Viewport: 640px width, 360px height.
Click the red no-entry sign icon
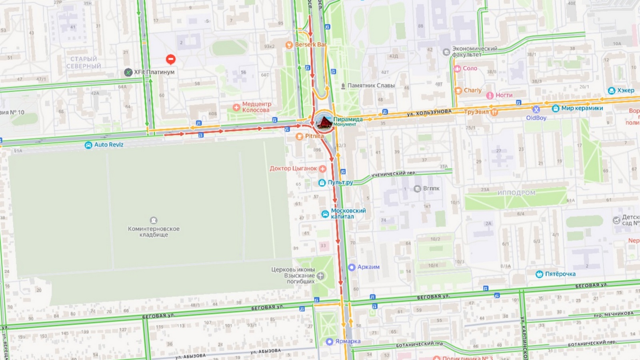[171, 60]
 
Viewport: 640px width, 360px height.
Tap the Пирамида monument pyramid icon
[323, 122]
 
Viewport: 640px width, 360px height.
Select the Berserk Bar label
[310, 45]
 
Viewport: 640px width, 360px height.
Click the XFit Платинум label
[154, 72]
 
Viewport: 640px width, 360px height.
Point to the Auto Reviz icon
[88, 145]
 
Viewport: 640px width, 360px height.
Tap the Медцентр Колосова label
[256, 107]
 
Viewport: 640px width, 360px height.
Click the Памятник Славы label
[371, 86]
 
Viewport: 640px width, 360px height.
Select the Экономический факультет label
[474, 52]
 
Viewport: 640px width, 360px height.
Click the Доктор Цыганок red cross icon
[322, 169]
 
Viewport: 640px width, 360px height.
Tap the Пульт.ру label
[340, 182]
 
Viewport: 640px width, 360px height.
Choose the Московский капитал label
[348, 214]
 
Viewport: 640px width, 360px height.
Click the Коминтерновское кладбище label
[154, 232]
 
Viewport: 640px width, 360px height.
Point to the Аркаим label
[368, 267]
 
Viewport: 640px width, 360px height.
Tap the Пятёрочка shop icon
[539, 274]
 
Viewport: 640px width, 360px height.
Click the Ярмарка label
[348, 342]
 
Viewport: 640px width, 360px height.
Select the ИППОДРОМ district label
[516, 193]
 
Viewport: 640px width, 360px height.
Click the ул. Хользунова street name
[429, 113]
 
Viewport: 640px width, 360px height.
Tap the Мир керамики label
[582, 108]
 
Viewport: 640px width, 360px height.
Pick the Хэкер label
[625, 90]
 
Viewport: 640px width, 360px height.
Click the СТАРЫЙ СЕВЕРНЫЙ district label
[84, 63]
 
